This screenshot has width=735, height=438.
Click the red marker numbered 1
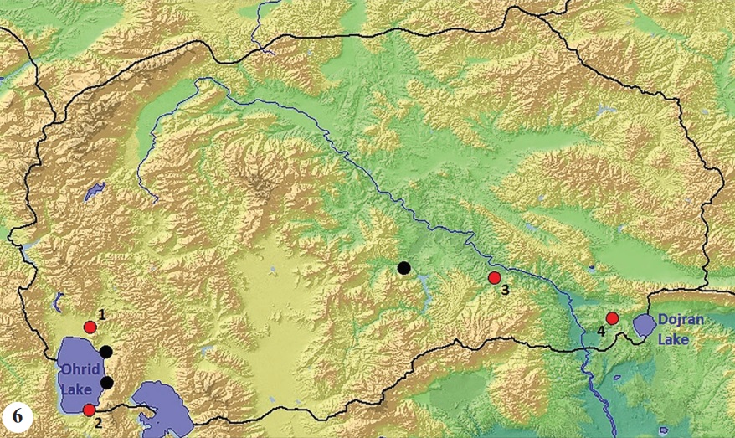(90, 327)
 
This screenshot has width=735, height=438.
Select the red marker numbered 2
(89, 410)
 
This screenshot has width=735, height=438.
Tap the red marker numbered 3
(494, 278)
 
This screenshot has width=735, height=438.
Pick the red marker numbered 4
(612, 318)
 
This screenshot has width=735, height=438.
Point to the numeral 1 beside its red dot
(101, 314)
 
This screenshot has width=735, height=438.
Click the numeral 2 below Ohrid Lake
(98, 423)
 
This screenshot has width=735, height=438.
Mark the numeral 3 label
(505, 291)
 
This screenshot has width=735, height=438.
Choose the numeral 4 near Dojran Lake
(599, 330)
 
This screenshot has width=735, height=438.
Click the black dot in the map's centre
(404, 268)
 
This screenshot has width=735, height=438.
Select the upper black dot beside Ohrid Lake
(105, 352)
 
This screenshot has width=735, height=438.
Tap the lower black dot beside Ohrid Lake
(106, 383)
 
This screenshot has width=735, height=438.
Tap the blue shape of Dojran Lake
(644, 325)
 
